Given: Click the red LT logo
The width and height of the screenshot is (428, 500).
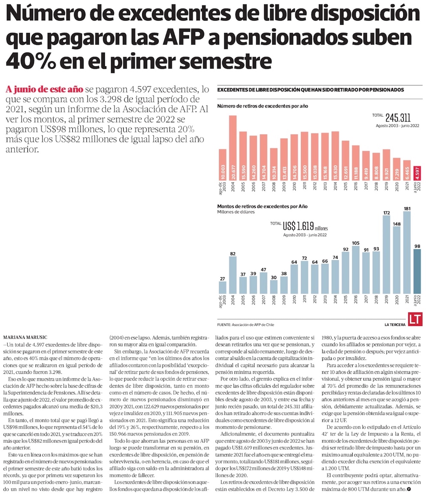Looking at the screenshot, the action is tap(415, 319).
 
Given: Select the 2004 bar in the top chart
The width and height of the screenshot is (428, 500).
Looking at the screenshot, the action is tap(233, 148).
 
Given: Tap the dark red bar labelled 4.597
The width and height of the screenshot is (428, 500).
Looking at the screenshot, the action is tap(417, 174).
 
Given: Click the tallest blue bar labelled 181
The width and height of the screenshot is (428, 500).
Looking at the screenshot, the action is tap(407, 252).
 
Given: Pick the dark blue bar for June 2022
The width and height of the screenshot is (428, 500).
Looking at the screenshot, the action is tap(417, 271).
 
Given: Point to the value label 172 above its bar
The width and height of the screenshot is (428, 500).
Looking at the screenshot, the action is tap(386, 213).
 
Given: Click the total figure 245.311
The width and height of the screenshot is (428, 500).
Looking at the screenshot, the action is tap(398, 118).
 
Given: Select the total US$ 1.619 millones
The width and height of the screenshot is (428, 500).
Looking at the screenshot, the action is tap(305, 226).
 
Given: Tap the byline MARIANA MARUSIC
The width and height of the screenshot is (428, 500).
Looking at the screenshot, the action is tap(25, 337).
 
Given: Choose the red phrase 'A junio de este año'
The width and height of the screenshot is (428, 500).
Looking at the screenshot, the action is tap(45, 89).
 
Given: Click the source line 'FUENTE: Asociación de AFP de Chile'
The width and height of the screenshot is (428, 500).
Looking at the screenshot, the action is tap(245, 325).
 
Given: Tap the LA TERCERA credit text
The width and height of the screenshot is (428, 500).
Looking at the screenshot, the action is tap(395, 325).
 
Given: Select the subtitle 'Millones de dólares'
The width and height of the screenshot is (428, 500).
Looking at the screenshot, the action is tap(236, 212).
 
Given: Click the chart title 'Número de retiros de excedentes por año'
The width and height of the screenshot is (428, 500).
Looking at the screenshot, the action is tap(262, 106).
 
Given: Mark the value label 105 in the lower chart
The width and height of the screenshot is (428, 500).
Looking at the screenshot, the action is tap(356, 243).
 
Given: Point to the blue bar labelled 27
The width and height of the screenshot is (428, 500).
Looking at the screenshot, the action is tap(223, 287).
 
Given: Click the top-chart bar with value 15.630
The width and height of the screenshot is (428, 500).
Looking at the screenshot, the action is tap(335, 156).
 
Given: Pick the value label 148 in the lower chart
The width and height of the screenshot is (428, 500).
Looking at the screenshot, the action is tap(397, 224).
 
